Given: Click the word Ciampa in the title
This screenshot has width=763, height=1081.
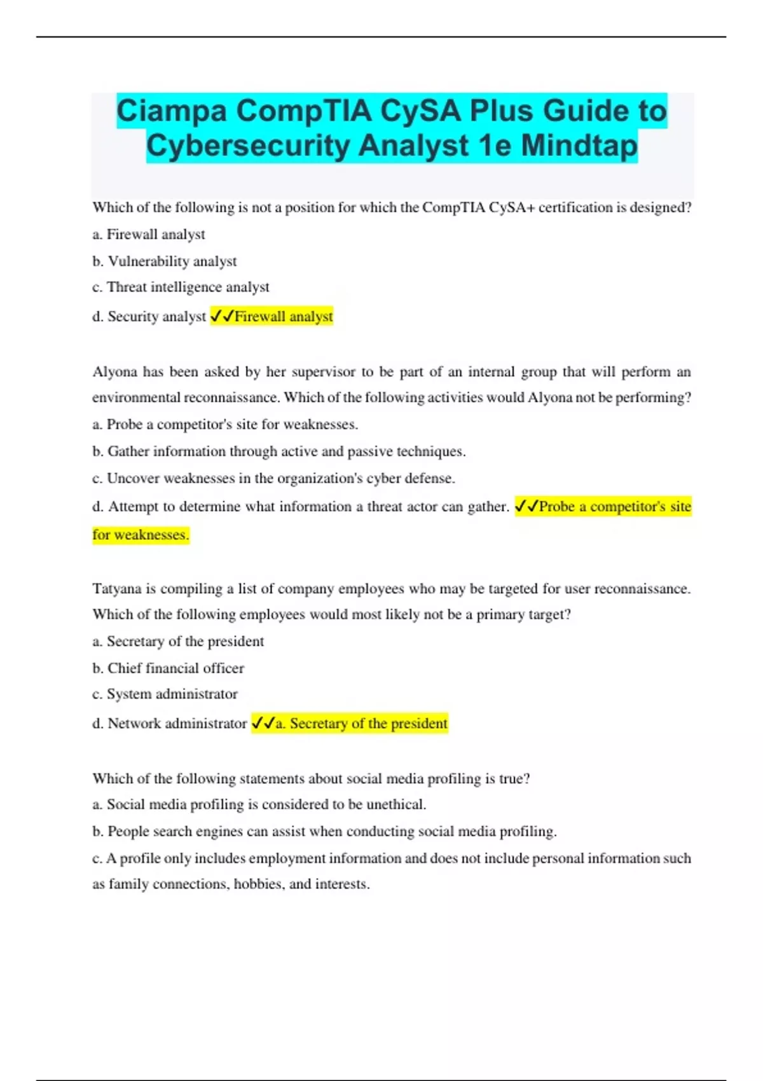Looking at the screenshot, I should [x=172, y=111].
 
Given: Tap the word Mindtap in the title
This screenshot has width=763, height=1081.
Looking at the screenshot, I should [x=579, y=146].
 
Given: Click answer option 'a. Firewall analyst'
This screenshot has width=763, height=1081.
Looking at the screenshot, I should [x=149, y=235].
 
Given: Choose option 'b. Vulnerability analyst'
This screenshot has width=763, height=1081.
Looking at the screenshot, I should [x=165, y=261].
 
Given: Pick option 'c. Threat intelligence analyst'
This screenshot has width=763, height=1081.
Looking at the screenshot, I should [x=181, y=287].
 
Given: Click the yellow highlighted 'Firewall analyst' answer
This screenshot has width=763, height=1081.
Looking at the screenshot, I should [x=283, y=317].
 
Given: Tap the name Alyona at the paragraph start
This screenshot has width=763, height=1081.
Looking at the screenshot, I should [x=114, y=372].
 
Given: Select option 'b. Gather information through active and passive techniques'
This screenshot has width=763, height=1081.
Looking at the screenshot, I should [x=278, y=451].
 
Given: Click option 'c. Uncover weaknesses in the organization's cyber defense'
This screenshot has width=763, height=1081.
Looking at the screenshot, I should [x=273, y=478].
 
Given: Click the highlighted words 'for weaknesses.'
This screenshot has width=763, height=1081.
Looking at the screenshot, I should [x=141, y=535].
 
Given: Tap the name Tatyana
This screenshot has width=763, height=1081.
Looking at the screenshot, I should [x=118, y=589].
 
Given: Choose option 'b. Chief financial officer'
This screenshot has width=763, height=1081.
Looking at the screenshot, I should [x=168, y=668].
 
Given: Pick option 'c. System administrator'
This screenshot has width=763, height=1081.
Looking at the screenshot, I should [x=165, y=694].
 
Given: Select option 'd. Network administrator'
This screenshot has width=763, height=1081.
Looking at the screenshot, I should [x=169, y=724].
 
